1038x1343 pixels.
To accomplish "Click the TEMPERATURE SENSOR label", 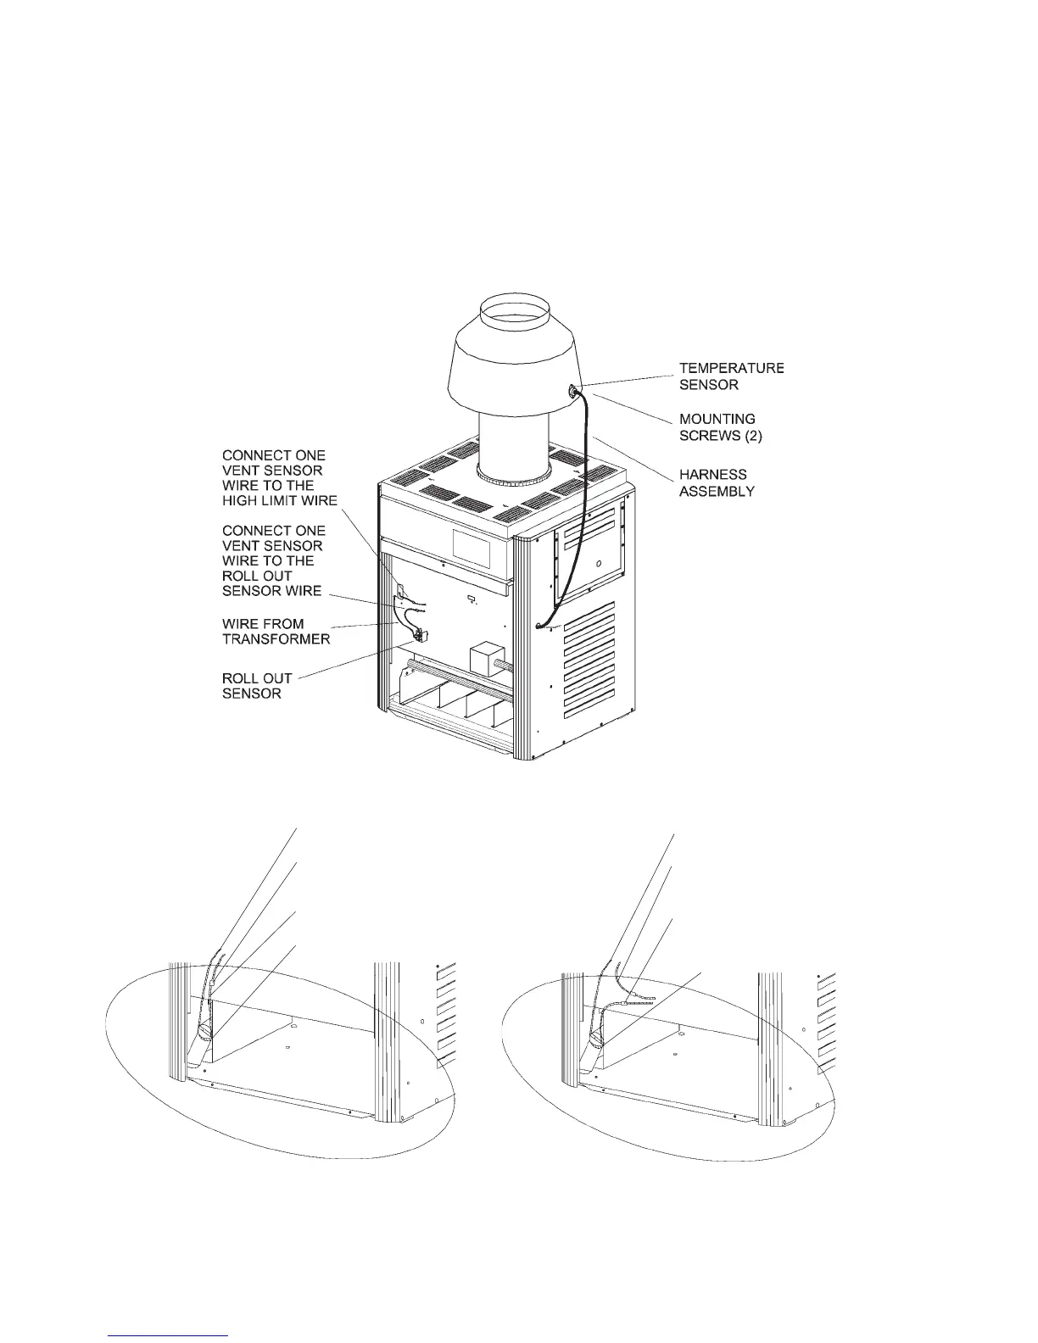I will tap(730, 376).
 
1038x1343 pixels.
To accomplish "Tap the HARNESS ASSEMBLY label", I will tap(717, 482).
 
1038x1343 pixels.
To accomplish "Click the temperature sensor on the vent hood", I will tap(574, 390).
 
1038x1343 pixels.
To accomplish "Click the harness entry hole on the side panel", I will tap(539, 627).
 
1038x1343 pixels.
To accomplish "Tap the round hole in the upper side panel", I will tap(598, 561).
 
